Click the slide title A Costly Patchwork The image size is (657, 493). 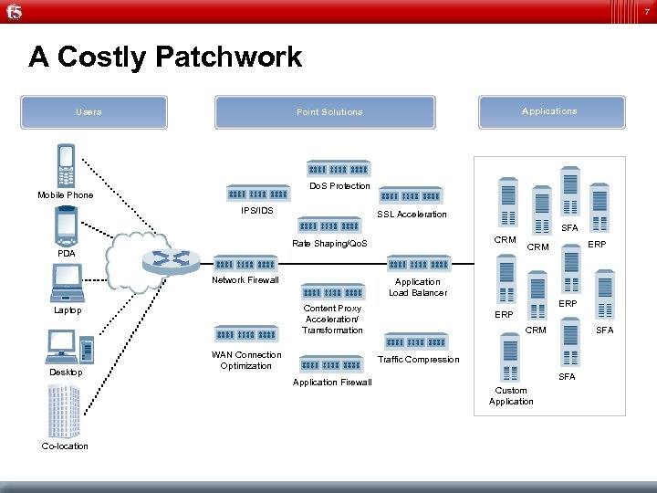(165, 58)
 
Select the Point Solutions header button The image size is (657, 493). (328, 112)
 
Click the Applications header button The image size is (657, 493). (548, 111)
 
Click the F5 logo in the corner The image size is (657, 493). (14, 12)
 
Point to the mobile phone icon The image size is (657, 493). (66, 166)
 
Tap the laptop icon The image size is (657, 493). (67, 283)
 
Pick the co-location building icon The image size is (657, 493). (65, 411)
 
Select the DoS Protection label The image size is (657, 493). (339, 186)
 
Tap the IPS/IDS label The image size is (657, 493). (256, 211)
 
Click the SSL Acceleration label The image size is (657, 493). (412, 215)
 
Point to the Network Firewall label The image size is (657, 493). (245, 280)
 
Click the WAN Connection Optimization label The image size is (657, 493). (246, 361)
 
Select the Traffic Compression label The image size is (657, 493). (418, 360)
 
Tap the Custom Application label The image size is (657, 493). (511, 396)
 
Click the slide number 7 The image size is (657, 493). (646, 11)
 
